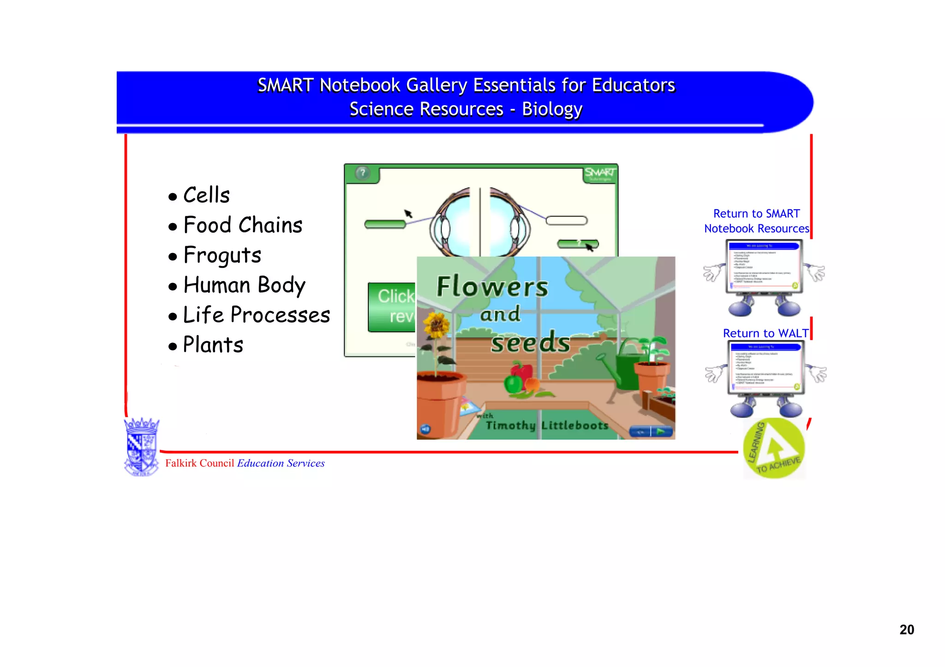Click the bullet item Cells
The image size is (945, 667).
206,195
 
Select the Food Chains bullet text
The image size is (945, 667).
243,225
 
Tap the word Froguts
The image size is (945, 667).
222,255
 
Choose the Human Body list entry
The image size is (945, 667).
244,285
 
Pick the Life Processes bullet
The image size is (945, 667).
257,315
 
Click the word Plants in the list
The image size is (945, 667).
213,345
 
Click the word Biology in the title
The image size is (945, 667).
552,110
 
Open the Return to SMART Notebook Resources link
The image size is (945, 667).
756,221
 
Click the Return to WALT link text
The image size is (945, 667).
766,333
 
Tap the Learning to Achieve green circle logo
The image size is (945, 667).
774,449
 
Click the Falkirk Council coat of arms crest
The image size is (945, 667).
142,447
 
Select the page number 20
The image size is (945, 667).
906,630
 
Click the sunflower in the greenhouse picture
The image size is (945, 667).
436,325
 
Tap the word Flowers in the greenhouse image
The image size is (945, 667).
492,287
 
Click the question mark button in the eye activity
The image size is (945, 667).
363,173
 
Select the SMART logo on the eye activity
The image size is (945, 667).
599,173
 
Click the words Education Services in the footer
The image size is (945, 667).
281,463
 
